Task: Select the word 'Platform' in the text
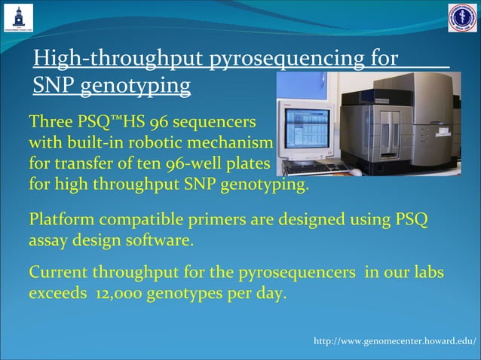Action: [61, 220]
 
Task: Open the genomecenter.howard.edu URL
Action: [395, 343]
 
